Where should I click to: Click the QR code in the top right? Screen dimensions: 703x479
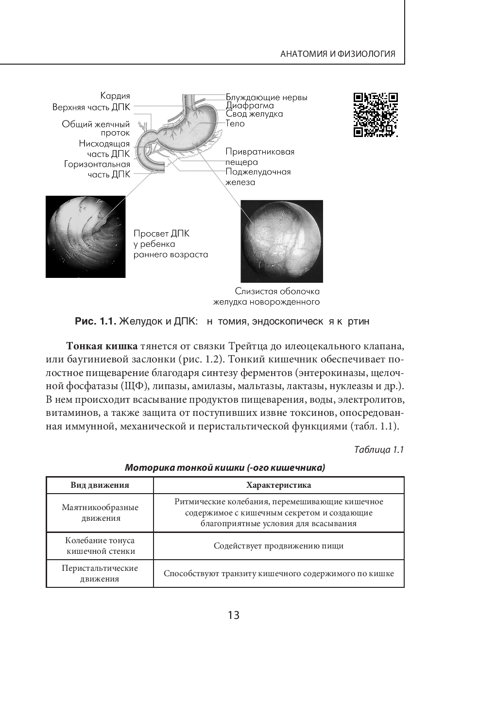coord(376,115)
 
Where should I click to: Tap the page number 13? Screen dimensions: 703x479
coord(233,615)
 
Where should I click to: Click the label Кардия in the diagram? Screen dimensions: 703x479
coord(115,96)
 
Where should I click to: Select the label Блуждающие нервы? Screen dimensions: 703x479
coord(266,98)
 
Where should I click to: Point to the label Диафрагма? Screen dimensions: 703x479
coord(250,105)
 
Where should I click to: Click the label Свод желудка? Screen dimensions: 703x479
coord(254,114)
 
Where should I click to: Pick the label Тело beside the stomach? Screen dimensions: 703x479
coord(235,123)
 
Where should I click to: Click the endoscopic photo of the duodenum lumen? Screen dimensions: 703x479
coord(85,237)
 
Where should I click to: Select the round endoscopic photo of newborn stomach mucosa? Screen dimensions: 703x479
coord(282,241)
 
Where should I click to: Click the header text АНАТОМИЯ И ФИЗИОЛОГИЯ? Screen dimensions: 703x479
coord(338,54)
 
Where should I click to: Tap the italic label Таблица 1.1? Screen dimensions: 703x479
coord(379,449)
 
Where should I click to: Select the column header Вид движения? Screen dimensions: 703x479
coord(100,485)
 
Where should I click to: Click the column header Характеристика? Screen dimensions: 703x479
coord(279,485)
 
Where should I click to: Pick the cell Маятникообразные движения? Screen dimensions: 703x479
coord(100,513)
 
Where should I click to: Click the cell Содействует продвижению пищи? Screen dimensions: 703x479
coord(279,546)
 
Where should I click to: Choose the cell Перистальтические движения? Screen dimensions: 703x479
coord(100,573)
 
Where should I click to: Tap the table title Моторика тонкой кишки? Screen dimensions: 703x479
coord(225,468)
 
